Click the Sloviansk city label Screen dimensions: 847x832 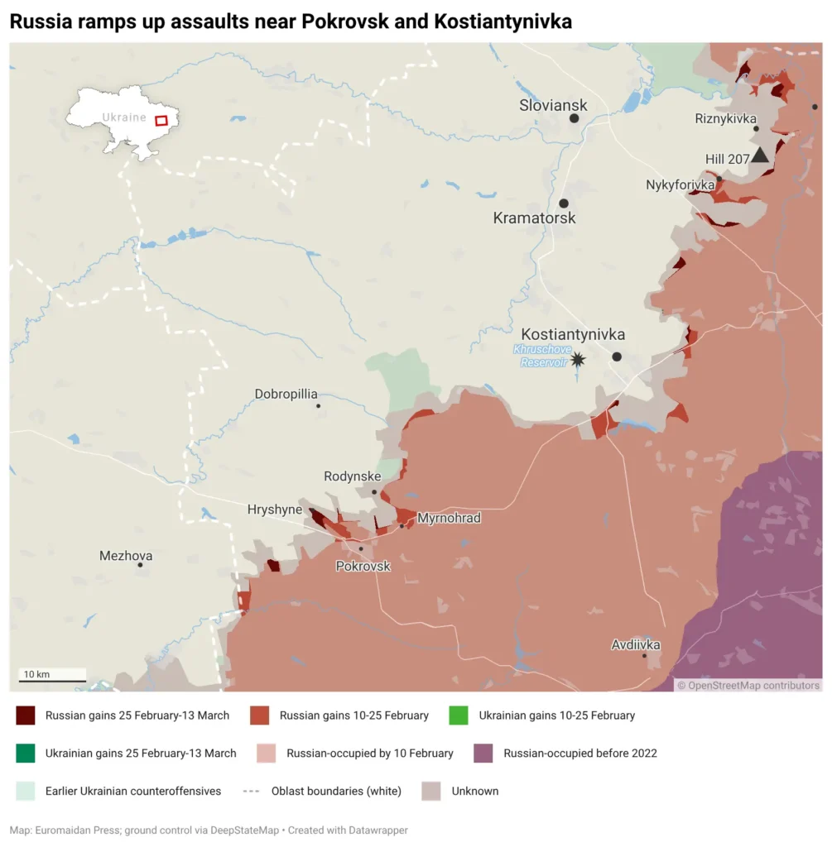click(x=553, y=105)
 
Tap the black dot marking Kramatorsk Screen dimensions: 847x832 click(x=564, y=203)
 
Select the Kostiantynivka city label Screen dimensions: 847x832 click(x=573, y=334)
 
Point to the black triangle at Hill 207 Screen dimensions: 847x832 click(x=760, y=155)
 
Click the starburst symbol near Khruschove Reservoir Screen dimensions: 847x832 click(x=577, y=359)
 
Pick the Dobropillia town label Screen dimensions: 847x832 click(x=286, y=395)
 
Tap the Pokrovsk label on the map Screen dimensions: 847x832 click(x=363, y=566)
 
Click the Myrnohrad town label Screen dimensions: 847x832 click(x=449, y=518)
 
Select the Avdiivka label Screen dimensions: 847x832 click(x=636, y=644)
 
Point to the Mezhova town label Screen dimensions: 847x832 click(x=126, y=556)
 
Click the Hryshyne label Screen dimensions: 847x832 click(x=275, y=510)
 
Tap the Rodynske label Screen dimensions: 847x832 click(x=353, y=476)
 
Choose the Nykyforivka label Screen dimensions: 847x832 click(x=681, y=184)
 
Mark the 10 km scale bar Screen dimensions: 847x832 click(x=52, y=681)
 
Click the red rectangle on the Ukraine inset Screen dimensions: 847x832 click(x=161, y=120)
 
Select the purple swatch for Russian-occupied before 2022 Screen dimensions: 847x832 click(x=483, y=754)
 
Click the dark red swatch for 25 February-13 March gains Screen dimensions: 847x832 click(x=26, y=715)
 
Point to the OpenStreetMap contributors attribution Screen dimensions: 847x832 click(x=748, y=685)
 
